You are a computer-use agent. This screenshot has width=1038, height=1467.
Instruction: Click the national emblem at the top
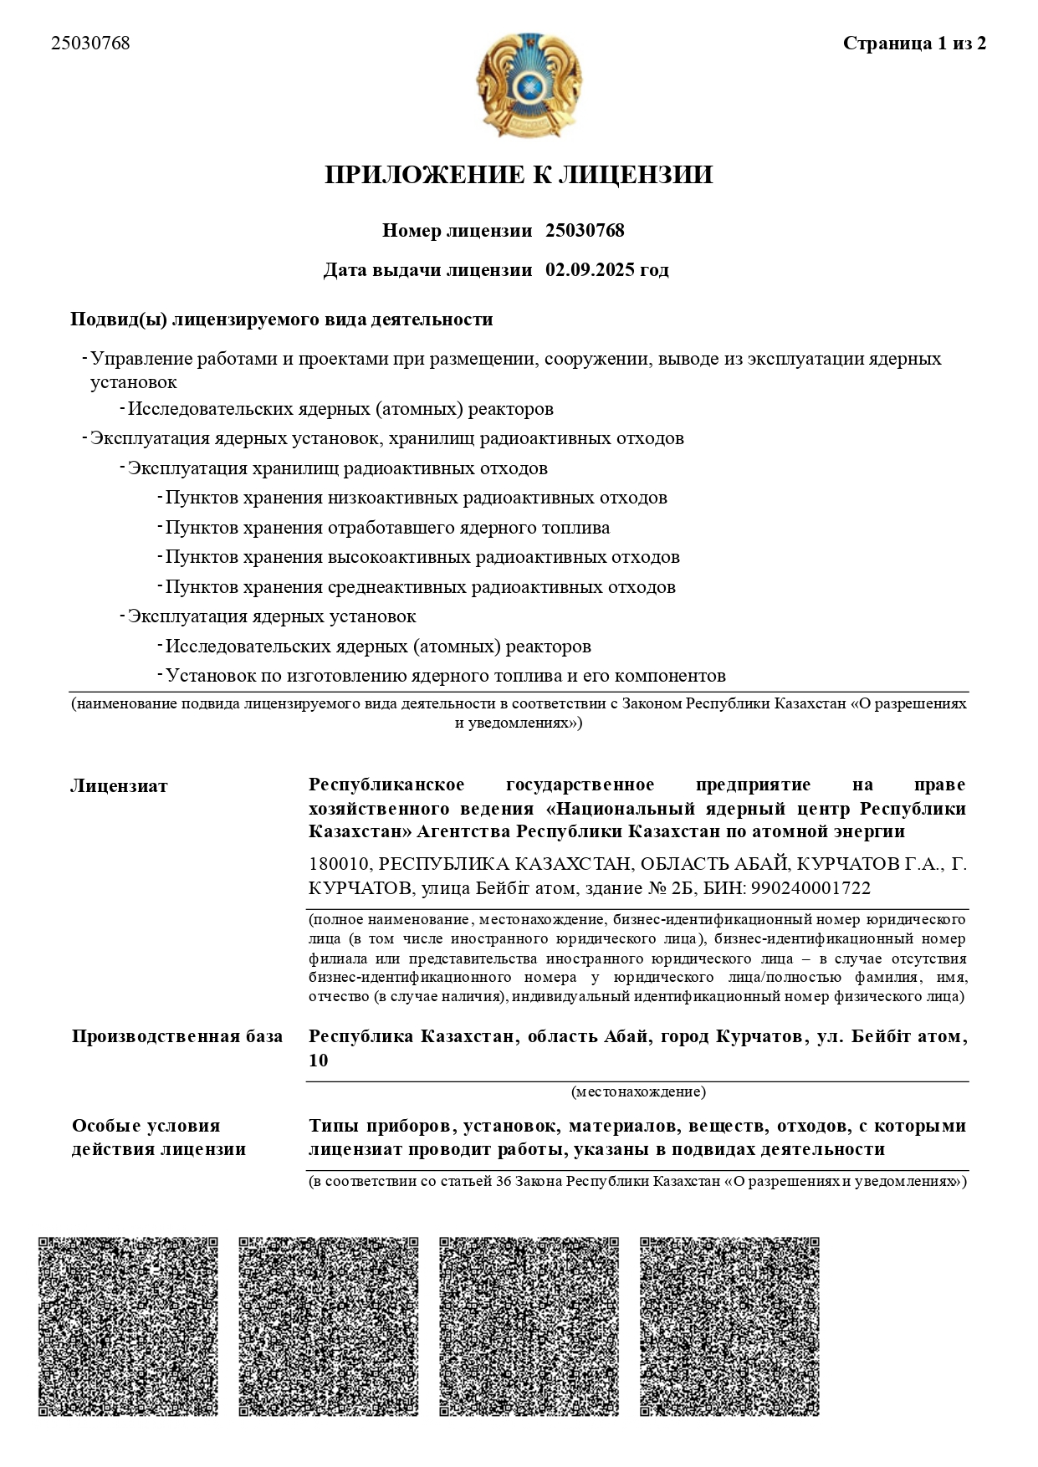point(529,85)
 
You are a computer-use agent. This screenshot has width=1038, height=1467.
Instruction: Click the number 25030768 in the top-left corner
point(90,43)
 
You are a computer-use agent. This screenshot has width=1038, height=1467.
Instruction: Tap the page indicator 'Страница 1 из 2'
point(914,43)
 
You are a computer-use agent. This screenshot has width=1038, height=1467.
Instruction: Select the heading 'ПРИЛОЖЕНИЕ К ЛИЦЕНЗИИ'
point(519,175)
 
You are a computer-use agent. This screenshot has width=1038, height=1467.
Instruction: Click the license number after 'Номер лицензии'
point(585,231)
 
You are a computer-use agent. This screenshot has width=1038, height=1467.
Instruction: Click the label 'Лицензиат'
point(119,786)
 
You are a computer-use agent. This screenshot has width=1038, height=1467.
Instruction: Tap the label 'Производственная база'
point(177,1036)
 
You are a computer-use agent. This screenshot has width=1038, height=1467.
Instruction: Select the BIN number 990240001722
point(811,888)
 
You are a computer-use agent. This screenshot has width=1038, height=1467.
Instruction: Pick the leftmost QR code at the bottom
point(128,1326)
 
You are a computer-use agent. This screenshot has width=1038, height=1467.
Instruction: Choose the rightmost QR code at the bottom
point(729,1326)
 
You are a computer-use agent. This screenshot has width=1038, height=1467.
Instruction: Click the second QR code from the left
point(329,1326)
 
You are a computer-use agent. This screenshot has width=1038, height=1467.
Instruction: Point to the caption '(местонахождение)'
point(638,1091)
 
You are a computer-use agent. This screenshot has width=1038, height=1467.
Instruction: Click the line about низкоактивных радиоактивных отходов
point(416,498)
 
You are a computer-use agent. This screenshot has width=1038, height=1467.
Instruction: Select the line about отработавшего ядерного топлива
point(387,528)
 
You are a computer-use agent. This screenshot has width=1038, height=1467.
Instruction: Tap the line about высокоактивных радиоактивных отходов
point(422,557)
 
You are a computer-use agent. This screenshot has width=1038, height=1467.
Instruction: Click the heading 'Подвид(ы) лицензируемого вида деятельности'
point(282,319)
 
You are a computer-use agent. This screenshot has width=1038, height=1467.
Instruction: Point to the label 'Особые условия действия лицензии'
point(159,1137)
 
